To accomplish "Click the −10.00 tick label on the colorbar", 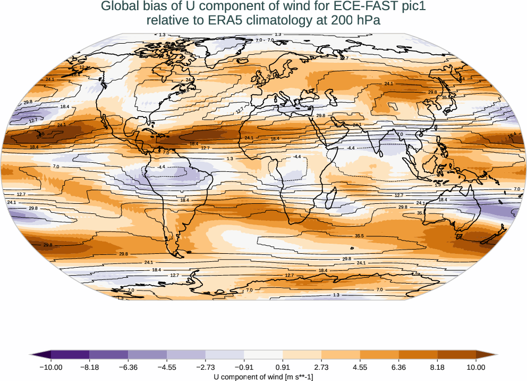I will pyautogui.click(x=51, y=367).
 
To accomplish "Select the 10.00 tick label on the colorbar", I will pyautogui.click(x=476, y=367).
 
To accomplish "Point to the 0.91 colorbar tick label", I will pyautogui.click(x=283, y=367).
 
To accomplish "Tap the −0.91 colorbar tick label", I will pyautogui.click(x=244, y=367).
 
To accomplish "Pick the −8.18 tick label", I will pyautogui.click(x=89, y=367).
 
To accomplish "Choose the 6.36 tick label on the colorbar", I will pyautogui.click(x=398, y=367).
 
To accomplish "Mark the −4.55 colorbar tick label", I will pyautogui.click(x=167, y=367).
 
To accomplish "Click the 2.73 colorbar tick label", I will pyautogui.click(x=321, y=367).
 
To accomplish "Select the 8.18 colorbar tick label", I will pyautogui.click(x=437, y=367).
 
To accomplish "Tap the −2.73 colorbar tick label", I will pyautogui.click(x=205, y=367).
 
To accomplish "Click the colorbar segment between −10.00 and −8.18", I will pyautogui.click(x=70, y=355).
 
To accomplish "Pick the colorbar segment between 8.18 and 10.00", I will pyautogui.click(x=456, y=355).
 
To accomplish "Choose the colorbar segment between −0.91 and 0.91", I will pyautogui.click(x=263, y=355).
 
